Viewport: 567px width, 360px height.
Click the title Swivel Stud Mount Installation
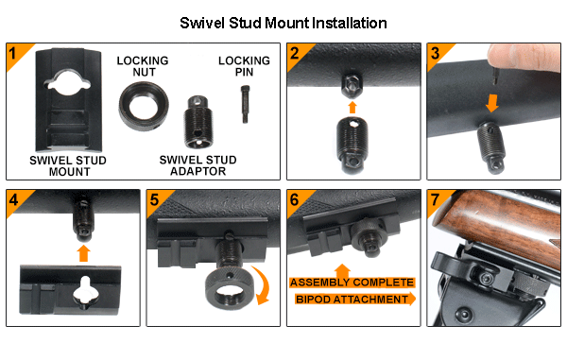[283, 23]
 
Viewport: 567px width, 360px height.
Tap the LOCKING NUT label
[143, 66]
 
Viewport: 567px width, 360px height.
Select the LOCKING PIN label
[244, 66]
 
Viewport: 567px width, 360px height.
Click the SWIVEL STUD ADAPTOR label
[198, 165]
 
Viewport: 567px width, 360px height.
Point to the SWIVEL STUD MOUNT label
[68, 166]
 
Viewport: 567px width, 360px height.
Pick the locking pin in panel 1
[245, 104]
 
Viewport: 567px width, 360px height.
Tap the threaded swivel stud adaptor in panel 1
[198, 122]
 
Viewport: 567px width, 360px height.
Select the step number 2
[295, 54]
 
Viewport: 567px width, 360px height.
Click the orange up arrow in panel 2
[352, 108]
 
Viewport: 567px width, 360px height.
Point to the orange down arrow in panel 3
[491, 103]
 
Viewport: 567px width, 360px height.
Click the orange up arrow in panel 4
[83, 253]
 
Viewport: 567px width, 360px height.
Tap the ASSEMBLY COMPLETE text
[352, 283]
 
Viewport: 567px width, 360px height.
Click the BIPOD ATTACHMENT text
[352, 300]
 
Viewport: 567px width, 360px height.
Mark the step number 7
[435, 199]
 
